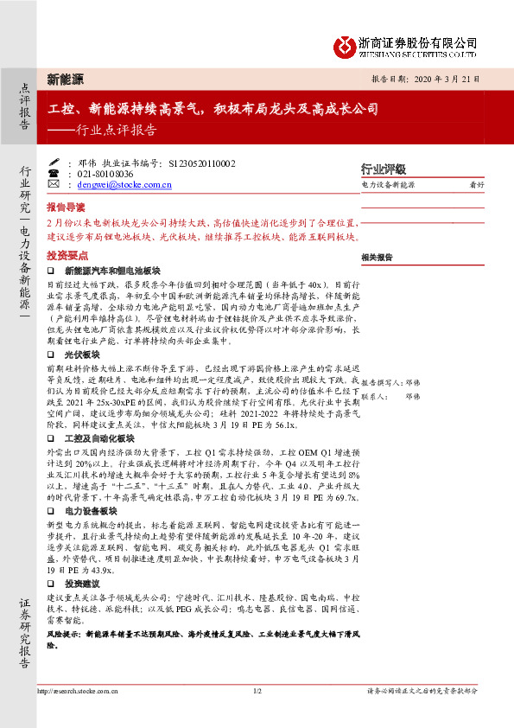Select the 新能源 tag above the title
65,79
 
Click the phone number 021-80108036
112,174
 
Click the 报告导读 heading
66,208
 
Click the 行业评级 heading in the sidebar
383,169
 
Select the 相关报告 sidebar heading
377,258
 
